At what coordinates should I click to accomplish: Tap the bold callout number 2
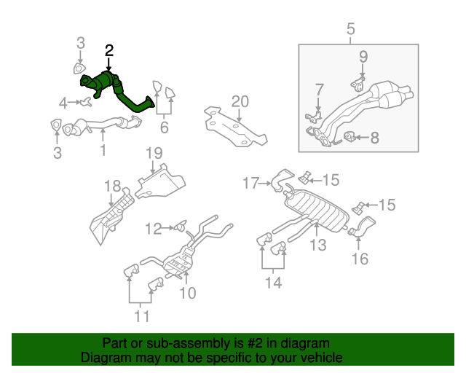[109, 50]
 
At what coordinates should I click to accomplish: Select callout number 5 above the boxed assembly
[350, 30]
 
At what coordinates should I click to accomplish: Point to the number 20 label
[240, 101]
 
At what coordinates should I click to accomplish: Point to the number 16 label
[360, 258]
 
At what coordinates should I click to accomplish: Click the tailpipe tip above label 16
[364, 227]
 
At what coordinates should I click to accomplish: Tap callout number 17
[250, 184]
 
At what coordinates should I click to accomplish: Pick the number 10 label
[187, 293]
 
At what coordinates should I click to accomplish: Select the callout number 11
[141, 316]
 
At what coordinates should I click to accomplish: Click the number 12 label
[153, 229]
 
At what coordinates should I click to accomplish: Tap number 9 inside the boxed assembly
[363, 56]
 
